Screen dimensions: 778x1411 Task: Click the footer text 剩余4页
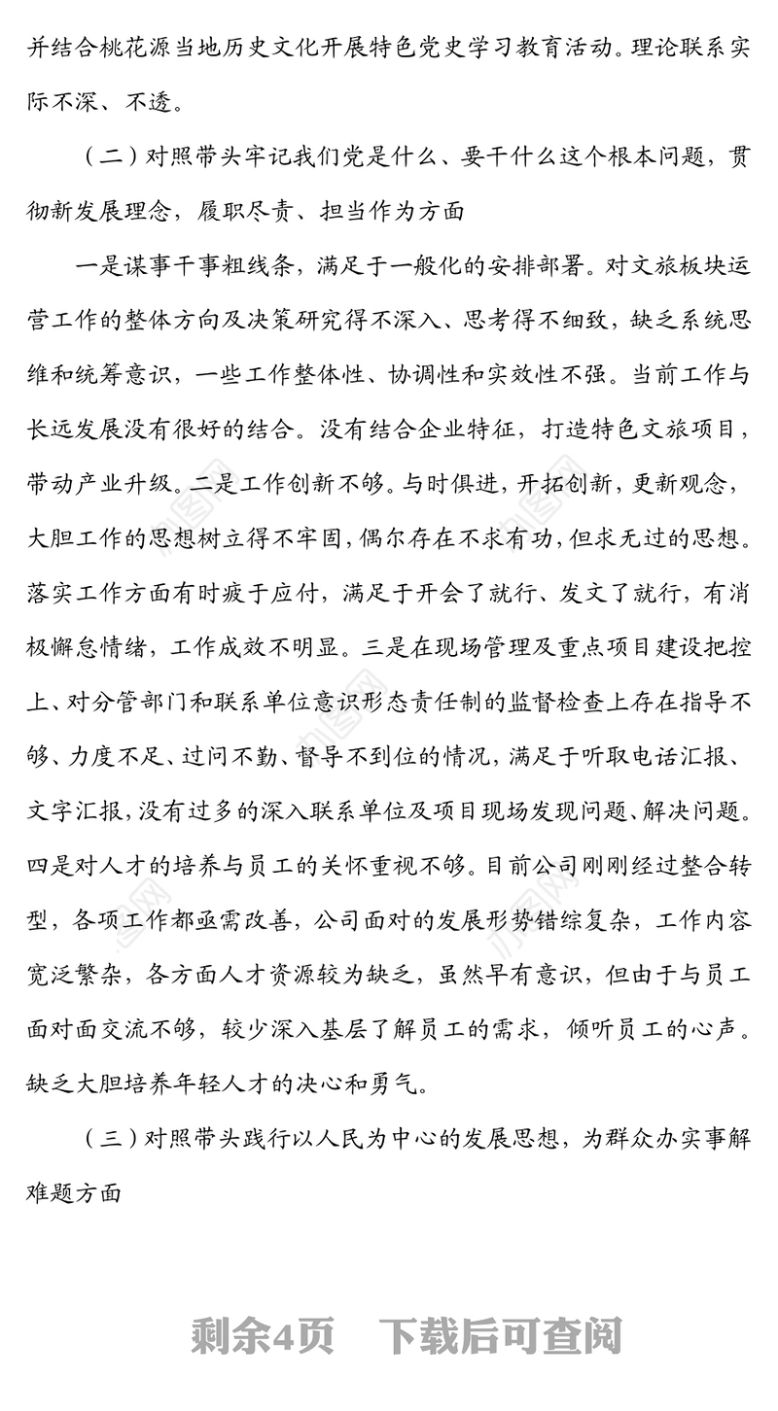point(264,1337)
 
